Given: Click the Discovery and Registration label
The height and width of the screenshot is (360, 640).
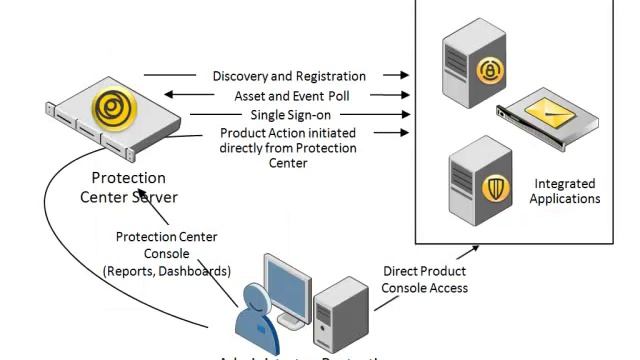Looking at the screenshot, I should (x=288, y=76).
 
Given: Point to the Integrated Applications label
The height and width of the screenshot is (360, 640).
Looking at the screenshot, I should (x=564, y=191).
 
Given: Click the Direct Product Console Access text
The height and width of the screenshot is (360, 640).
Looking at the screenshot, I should (x=424, y=280).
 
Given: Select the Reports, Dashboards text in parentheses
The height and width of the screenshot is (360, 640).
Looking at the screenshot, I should (x=166, y=271).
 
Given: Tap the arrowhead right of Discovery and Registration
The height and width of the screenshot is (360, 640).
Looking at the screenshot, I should (x=404, y=75).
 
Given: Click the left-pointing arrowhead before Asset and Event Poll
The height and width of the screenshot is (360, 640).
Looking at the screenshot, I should (x=168, y=95).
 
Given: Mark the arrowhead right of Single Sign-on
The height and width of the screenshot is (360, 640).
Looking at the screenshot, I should (x=404, y=114).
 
